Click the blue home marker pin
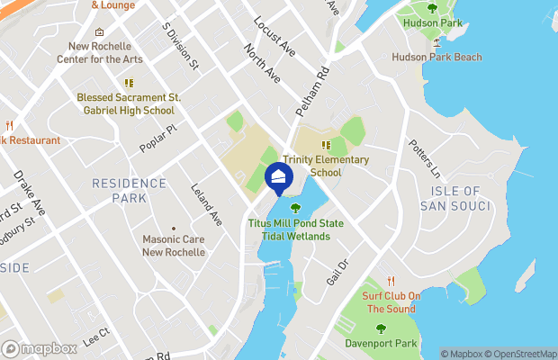click(278, 176)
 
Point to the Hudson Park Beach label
click(436, 58)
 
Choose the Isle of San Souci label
click(455, 200)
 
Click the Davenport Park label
click(381, 343)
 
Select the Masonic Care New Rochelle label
click(174, 246)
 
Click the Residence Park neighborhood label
click(129, 190)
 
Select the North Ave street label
click(265, 67)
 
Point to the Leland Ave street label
click(207, 203)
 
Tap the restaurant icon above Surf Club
click(391, 282)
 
